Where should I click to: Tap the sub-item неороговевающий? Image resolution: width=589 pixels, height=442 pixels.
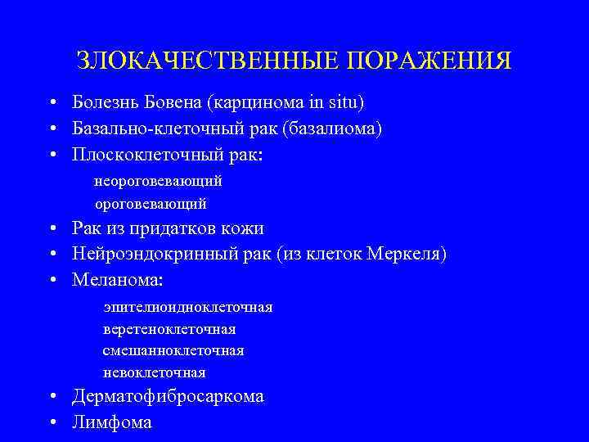[158, 180]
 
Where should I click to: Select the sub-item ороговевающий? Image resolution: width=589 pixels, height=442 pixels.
[151, 202]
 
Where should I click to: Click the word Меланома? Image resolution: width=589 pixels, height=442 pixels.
[118, 280]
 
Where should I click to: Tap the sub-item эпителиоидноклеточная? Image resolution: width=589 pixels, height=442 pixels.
[188, 307]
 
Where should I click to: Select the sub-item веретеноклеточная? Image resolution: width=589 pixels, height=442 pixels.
[169, 329]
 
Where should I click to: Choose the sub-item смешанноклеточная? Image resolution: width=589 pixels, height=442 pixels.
[173, 350]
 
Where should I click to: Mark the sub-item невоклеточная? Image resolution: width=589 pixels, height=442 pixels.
[154, 372]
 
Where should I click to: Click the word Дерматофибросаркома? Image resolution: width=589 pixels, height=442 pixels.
[168, 397]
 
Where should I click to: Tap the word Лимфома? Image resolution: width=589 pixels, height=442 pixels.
[112, 422]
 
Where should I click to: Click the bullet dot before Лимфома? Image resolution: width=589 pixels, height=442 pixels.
[52, 423]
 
